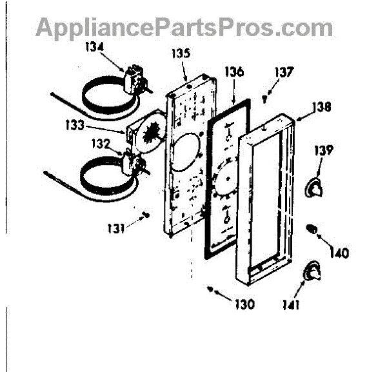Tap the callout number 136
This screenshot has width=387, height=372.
234,72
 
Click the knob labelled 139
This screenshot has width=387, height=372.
313,186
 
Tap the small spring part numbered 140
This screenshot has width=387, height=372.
312,228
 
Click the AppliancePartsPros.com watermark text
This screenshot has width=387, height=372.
184,28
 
